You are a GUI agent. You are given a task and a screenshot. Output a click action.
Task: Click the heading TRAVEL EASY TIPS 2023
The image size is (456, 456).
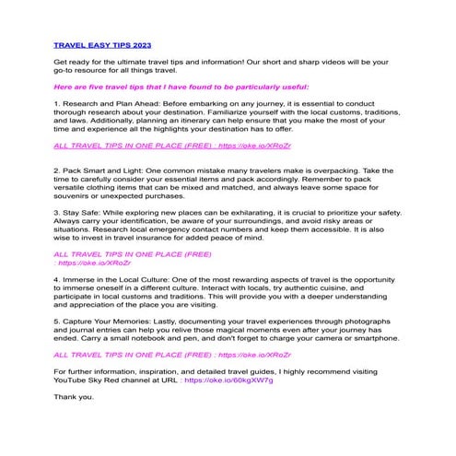[x=103, y=43]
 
